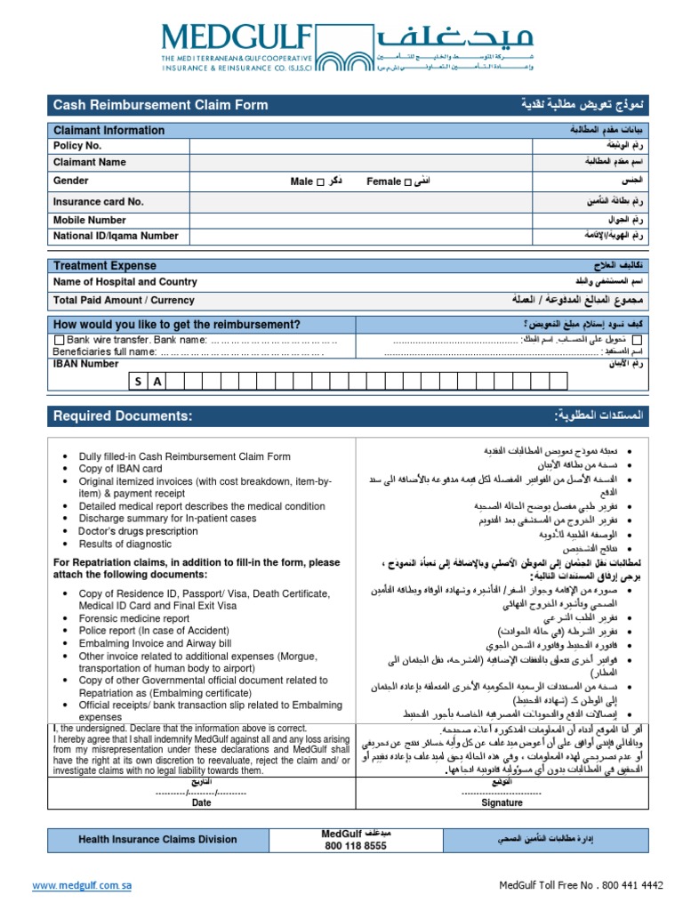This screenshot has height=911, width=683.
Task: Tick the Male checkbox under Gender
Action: [x=321, y=182]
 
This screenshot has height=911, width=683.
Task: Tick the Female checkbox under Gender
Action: [x=407, y=182]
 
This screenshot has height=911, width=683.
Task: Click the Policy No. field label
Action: [x=77, y=146]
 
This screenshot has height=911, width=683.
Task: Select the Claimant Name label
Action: [x=89, y=163]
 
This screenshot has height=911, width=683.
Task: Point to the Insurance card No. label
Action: [x=98, y=202]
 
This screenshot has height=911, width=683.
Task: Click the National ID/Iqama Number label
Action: [x=116, y=237]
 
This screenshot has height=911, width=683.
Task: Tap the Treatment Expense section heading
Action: [x=105, y=266]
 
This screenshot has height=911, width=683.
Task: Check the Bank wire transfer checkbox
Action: [x=60, y=340]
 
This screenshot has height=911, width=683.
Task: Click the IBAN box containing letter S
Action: [x=139, y=382]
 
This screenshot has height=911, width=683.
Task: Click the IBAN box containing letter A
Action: [x=157, y=382]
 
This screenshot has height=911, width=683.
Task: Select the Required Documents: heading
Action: [x=122, y=416]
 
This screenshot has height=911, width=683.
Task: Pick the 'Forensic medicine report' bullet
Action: [x=134, y=618]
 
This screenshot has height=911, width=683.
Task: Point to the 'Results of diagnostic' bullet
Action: [x=125, y=544]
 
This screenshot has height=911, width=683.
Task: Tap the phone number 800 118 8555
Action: [x=355, y=846]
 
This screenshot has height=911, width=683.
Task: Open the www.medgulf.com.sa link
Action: [x=82, y=886]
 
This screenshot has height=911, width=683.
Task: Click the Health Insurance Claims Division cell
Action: [x=157, y=839]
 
